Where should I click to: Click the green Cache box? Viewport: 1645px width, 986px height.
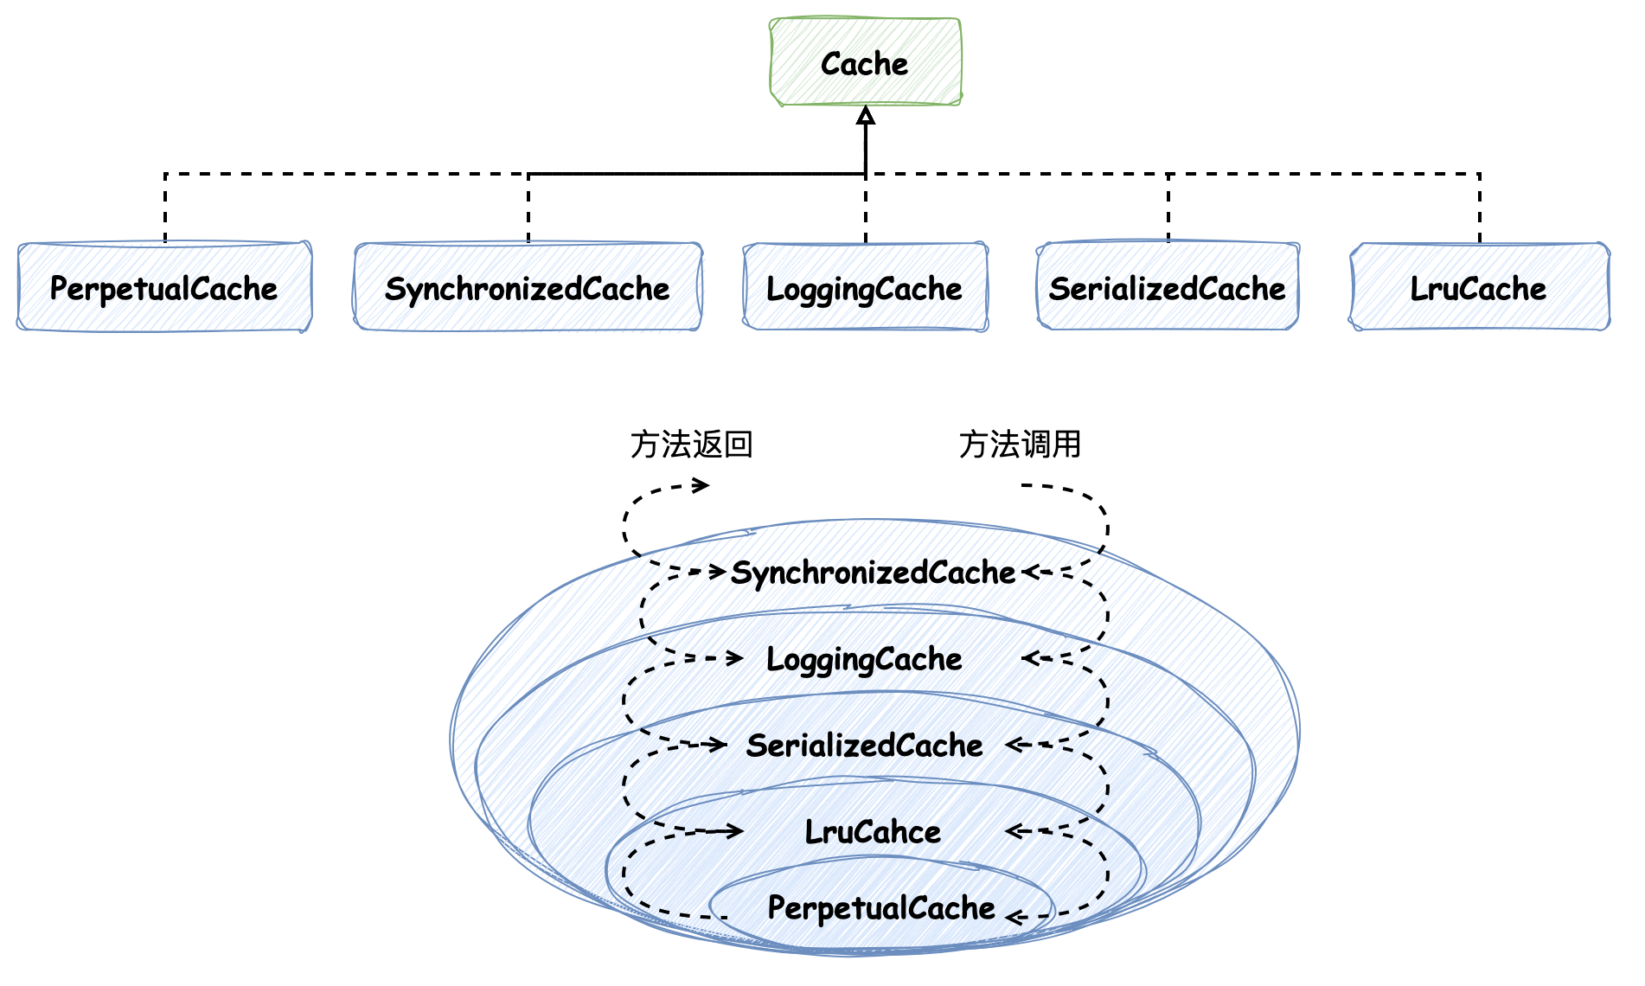(865, 62)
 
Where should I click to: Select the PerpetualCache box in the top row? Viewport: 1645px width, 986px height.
(164, 287)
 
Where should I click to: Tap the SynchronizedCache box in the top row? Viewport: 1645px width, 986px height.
(528, 287)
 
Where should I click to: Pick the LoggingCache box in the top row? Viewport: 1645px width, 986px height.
(865, 287)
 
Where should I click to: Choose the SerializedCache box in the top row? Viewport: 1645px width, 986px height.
(1168, 287)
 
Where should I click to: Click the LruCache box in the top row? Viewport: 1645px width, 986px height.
(1479, 287)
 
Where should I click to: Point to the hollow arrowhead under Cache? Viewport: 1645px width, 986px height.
(866, 116)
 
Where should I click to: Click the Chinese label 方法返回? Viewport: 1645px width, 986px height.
(692, 444)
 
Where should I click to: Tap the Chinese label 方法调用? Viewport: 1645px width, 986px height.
(1021, 444)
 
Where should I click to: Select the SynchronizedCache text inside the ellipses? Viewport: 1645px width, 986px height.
(874, 573)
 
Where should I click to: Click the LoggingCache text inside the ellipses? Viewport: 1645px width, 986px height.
(865, 659)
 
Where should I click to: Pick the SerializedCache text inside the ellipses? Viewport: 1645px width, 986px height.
(865, 745)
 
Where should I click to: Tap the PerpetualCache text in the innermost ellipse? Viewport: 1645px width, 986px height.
(882, 907)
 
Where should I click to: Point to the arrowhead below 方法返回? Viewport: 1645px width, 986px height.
(702, 484)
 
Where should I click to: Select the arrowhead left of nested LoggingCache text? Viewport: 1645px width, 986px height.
(735, 658)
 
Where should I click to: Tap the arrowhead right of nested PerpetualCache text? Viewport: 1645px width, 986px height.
(1015, 917)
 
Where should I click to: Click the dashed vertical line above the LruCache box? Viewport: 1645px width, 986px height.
(1480, 208)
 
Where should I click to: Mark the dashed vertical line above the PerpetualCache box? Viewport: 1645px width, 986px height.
(165, 208)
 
